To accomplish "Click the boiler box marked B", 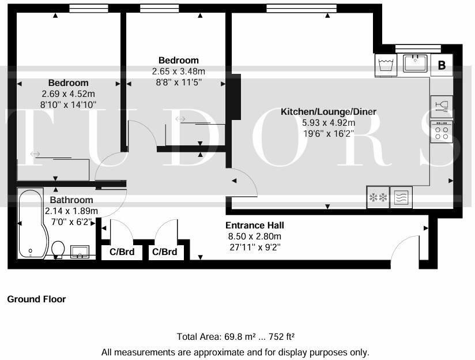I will pyautogui.click(x=442, y=65).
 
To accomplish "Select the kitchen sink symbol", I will pyautogui.click(x=414, y=63).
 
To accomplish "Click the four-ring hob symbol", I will pyautogui.click(x=442, y=133).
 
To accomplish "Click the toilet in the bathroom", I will pyautogui.click(x=58, y=249).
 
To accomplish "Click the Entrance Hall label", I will pyautogui.click(x=254, y=225).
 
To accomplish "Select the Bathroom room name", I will pyautogui.click(x=71, y=200).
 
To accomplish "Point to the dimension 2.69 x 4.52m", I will pyautogui.click(x=68, y=93).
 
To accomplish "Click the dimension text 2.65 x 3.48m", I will pyautogui.click(x=178, y=72).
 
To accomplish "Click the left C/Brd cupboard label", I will pyautogui.click(x=121, y=252).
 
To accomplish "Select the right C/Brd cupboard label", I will pyautogui.click(x=164, y=252).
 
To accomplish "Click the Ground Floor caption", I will pyautogui.click(x=36, y=299).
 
